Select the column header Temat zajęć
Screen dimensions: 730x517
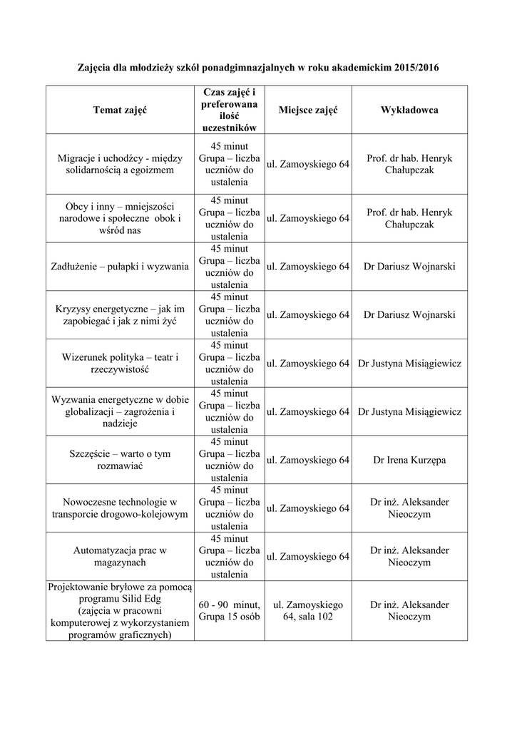[x=119, y=110]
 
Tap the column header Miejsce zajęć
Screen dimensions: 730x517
[x=308, y=110]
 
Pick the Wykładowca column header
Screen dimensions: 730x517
[x=409, y=110]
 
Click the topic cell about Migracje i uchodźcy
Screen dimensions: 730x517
[x=119, y=164]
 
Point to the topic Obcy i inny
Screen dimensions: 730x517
[x=119, y=218]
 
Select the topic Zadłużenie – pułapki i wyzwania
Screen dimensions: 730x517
[x=119, y=267]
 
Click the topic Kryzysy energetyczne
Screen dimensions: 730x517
[x=119, y=315]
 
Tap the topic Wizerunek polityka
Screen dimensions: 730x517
[x=119, y=364]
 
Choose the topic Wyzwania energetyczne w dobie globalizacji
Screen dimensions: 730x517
[x=119, y=412]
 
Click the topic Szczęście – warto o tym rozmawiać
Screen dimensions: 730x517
[x=119, y=460]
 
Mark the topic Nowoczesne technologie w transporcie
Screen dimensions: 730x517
[x=119, y=508]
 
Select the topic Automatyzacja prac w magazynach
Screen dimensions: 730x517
[x=119, y=556]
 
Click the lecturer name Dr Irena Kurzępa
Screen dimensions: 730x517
[x=409, y=460]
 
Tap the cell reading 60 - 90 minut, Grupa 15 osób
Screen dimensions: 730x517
[x=230, y=610]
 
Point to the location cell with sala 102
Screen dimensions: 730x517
[x=308, y=610]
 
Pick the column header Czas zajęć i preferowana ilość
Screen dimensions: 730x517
[x=230, y=110]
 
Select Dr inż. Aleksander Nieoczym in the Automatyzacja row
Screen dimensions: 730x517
[x=409, y=556]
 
